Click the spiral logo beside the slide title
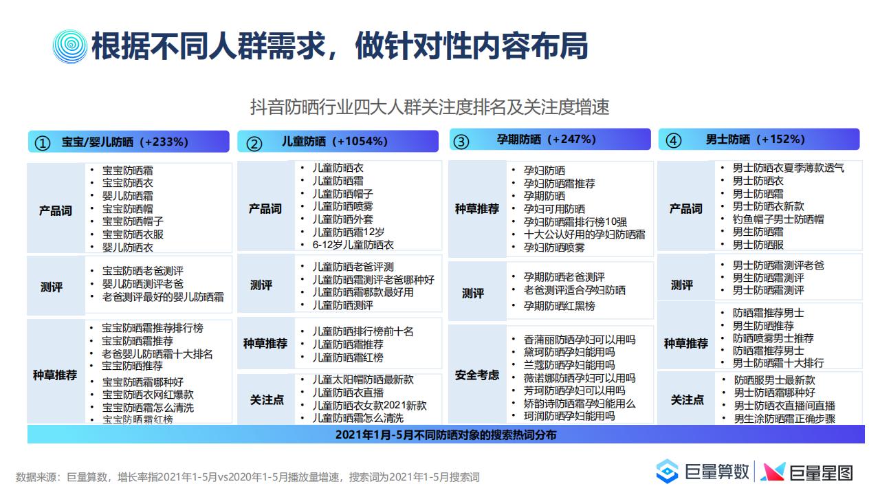pyautogui.click(x=70, y=46)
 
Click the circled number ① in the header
pyautogui.click(x=43, y=143)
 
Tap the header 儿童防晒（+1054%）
pyautogui.click(x=335, y=141)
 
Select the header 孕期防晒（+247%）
pyautogui.click(x=546, y=139)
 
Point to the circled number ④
pyautogui.click(x=673, y=140)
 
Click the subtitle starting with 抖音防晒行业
pyautogui.click(x=430, y=107)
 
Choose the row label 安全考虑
pyautogui.click(x=477, y=375)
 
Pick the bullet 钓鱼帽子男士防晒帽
pyautogui.click(x=778, y=219)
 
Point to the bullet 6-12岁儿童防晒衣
pyautogui.click(x=353, y=245)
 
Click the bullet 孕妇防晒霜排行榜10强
pyautogui.click(x=575, y=222)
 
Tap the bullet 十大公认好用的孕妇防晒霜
pyautogui.click(x=584, y=234)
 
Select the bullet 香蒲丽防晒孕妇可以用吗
pyautogui.click(x=580, y=340)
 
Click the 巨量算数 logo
pyautogui.click(x=703, y=471)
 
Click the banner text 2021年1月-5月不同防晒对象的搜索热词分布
pyautogui.click(x=446, y=435)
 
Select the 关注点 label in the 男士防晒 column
pyautogui.click(x=687, y=400)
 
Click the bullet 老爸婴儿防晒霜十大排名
pyautogui.click(x=157, y=354)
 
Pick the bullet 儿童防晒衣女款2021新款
pyautogui.click(x=370, y=406)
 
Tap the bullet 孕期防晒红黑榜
pyautogui.click(x=560, y=306)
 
